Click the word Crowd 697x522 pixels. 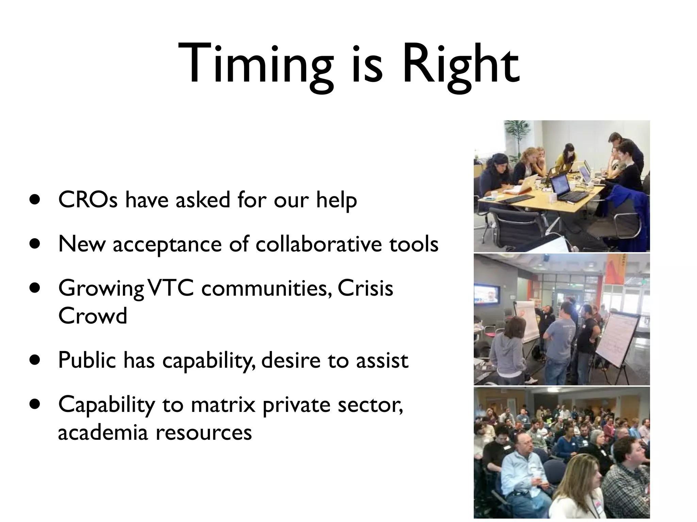[93, 316]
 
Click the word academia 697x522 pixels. [103, 433]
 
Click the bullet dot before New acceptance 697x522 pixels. [34, 244]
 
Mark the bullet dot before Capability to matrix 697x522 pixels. [34, 404]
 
